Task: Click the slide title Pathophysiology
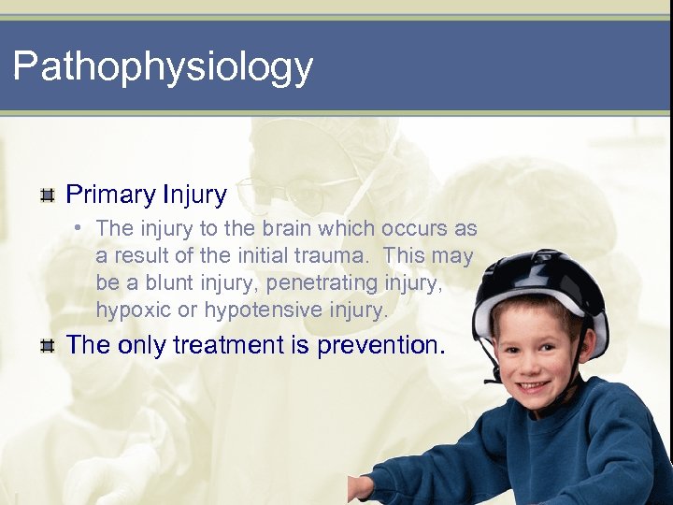pos(163,67)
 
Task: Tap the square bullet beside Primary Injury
pos(46,195)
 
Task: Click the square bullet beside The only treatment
pos(46,345)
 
